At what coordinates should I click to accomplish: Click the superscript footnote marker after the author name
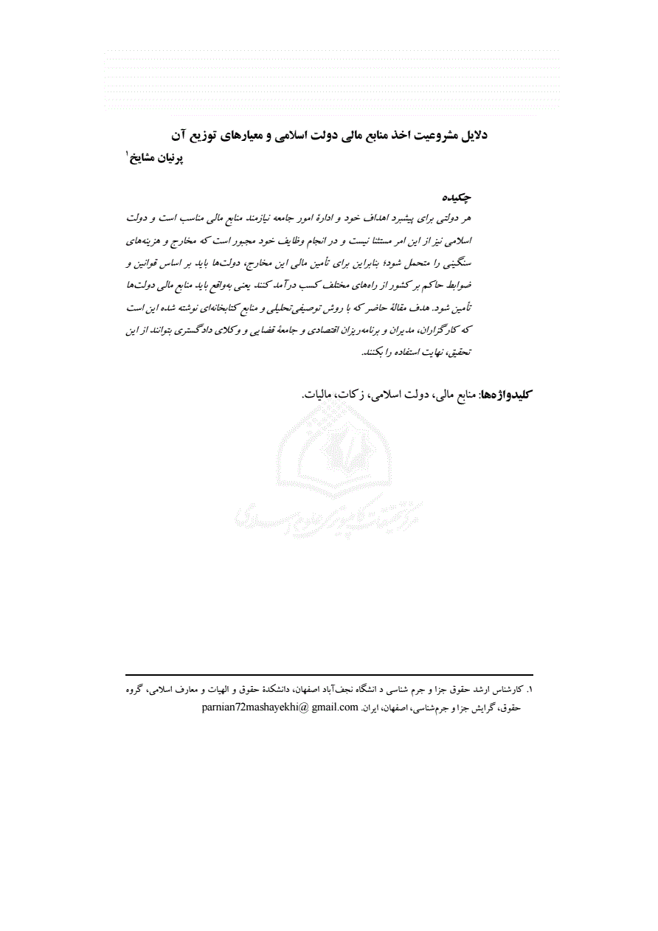[127, 153]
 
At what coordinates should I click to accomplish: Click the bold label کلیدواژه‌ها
[506, 395]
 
